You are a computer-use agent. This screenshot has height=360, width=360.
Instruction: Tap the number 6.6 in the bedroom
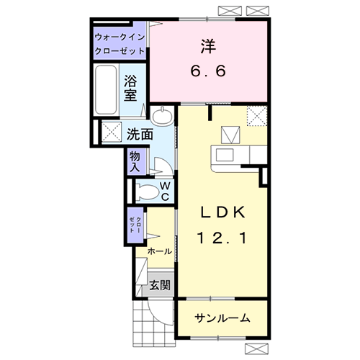207,71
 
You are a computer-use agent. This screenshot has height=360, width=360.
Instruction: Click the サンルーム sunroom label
223,318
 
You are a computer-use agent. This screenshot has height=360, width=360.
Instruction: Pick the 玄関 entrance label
160,285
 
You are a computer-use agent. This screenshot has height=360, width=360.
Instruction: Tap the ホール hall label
159,251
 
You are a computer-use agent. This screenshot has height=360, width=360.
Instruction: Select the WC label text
164,191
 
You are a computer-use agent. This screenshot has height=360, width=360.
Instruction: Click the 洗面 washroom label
139,134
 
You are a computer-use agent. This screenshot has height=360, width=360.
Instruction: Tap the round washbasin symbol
164,114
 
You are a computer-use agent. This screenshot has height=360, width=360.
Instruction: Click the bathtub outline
107,91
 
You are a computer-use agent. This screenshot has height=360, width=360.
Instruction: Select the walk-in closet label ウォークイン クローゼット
120,44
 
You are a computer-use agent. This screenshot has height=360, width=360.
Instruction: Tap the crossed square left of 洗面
111,132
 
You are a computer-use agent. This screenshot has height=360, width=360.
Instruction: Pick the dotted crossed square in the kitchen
256,114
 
